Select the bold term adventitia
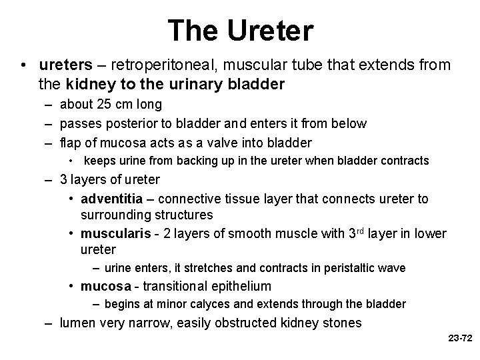click(x=109, y=199)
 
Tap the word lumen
click(x=77, y=324)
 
